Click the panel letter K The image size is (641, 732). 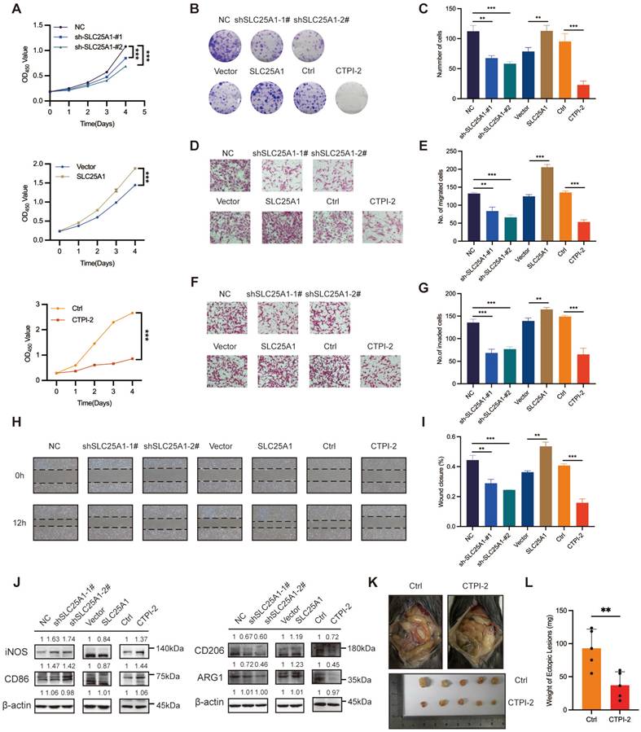click(x=419, y=560)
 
